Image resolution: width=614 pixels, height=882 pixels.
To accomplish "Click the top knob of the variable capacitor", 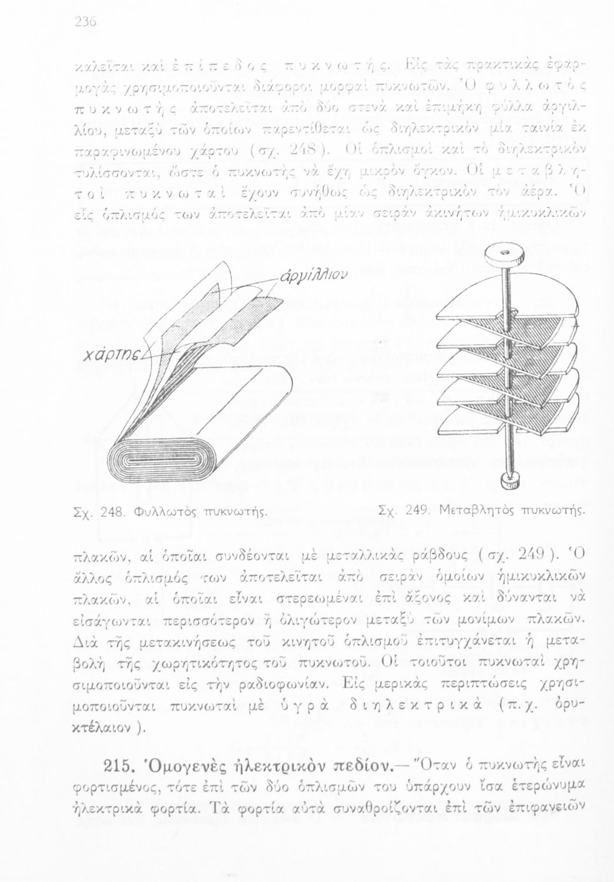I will point(504,256).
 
